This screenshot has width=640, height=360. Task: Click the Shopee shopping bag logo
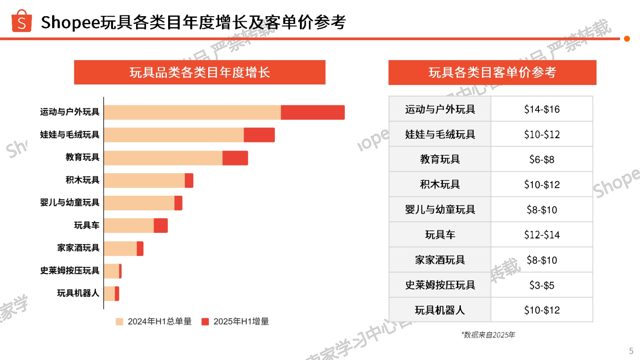tap(21, 21)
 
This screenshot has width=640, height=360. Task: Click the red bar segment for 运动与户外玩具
tap(312, 112)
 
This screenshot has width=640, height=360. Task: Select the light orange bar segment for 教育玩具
tap(163, 158)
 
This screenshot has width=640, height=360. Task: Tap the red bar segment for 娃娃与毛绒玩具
tap(259, 135)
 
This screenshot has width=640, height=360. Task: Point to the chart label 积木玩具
tap(82, 180)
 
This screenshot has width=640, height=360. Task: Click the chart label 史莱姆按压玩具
tap(70, 270)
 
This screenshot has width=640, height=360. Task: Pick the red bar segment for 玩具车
tap(160, 226)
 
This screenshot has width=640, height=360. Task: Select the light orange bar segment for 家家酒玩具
tap(120, 248)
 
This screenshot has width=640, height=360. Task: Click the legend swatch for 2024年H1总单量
tap(119, 322)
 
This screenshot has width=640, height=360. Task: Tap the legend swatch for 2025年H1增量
tap(205, 322)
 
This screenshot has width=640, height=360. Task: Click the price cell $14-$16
tap(542, 109)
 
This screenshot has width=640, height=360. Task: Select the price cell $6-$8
tap(542, 160)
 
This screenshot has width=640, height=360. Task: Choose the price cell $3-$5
tap(542, 285)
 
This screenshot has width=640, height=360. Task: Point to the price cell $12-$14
tap(542, 235)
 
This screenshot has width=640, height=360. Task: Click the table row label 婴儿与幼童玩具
tap(440, 209)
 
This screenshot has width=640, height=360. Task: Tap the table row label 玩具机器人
tap(440, 310)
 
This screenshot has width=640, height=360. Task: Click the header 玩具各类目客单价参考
tap(492, 73)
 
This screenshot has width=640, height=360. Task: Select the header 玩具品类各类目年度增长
tap(200, 73)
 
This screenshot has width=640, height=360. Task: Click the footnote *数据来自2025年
tap(488, 335)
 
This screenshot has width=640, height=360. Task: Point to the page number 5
tap(631, 351)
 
